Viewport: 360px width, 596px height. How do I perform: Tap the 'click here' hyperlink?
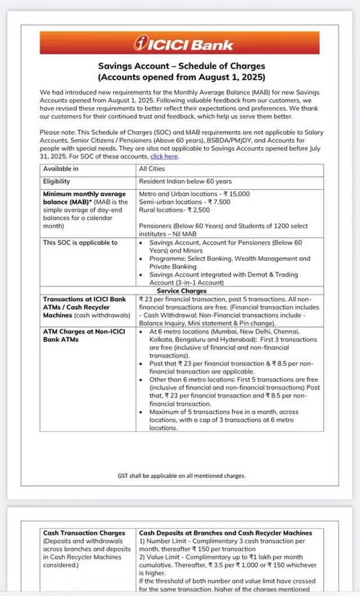[x=164, y=157]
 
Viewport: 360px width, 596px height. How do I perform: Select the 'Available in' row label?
[x=61, y=169]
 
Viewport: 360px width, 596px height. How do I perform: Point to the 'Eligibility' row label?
[x=57, y=182]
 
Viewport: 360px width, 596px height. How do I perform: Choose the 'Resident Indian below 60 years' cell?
[x=185, y=182]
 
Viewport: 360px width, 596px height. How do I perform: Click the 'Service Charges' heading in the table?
[x=181, y=291]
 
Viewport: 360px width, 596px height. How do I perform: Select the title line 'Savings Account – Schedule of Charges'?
[x=181, y=66]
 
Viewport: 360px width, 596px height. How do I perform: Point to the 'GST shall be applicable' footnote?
[x=181, y=475]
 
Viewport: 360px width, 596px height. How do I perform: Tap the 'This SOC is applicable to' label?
[x=80, y=243]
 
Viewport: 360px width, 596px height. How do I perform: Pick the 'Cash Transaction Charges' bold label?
[x=84, y=532]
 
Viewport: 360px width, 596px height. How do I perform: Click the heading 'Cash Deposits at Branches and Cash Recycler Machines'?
[x=226, y=532]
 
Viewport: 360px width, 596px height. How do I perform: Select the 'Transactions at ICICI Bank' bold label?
[x=85, y=299]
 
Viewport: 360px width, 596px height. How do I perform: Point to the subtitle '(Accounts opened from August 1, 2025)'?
[x=181, y=77]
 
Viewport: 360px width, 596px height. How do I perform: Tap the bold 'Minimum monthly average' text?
[x=84, y=194]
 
